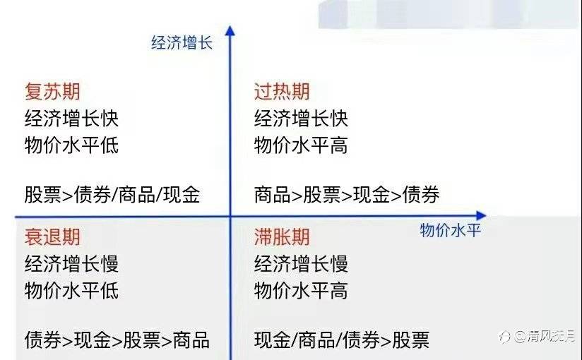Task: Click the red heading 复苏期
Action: [52, 92]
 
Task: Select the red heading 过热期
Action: [282, 92]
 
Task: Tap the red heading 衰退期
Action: [52, 237]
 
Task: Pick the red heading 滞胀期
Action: [282, 237]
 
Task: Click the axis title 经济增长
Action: [182, 42]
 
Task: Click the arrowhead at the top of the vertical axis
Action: [230, 31]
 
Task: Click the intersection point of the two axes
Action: [230, 216]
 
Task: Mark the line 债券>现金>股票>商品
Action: [117, 340]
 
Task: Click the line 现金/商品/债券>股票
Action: [342, 340]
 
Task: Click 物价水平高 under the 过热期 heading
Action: [301, 146]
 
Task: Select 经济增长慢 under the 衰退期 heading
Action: [71, 264]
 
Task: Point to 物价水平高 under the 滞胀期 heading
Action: [301, 291]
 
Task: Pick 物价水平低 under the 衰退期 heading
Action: [71, 291]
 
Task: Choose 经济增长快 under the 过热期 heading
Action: [301, 119]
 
